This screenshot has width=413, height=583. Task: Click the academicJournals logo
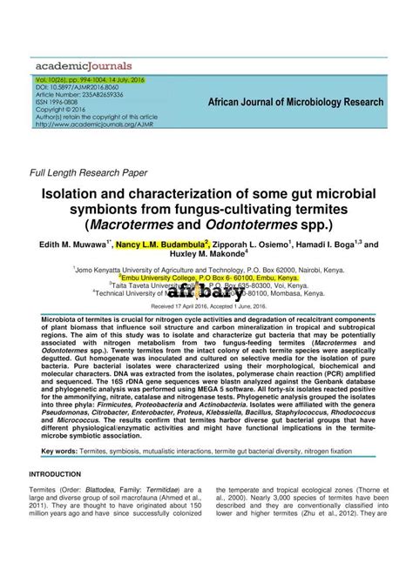tap(84, 64)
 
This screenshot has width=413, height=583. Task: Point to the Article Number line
tap(79, 95)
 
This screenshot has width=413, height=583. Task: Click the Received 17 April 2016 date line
tap(206, 307)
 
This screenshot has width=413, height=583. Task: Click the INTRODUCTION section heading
tap(55, 474)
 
